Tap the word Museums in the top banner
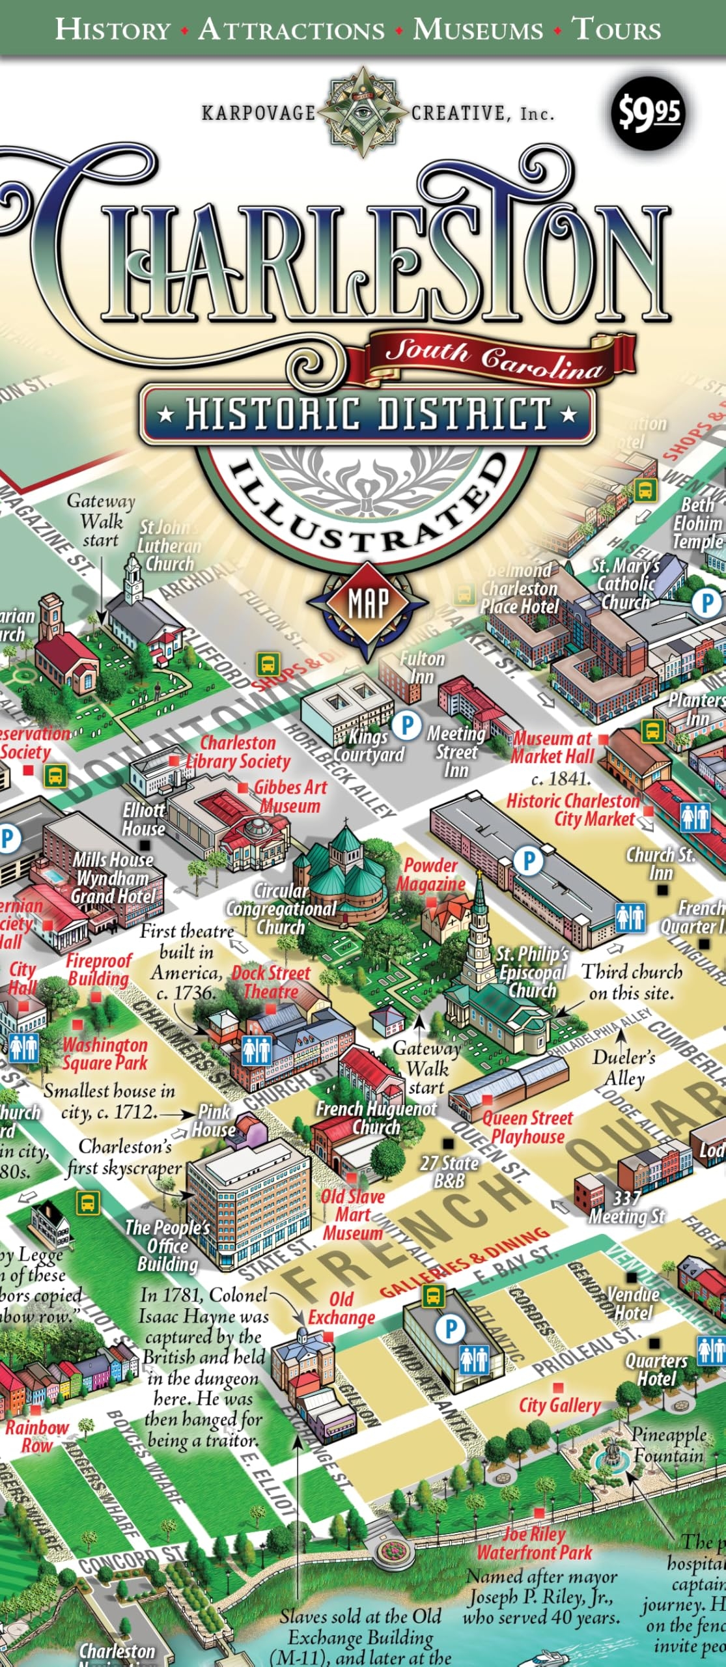pos(478,30)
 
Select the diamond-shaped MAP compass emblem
pos(368,603)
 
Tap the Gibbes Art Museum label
pos(289,796)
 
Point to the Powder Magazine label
pos(431,875)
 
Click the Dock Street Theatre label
pos(271,983)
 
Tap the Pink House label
pos(214,1120)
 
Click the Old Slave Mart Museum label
pos(352,1214)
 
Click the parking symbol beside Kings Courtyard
pos(408,724)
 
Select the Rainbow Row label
pos(36,1436)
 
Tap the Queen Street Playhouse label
pos(527,1127)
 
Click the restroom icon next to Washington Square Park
pos(23,1048)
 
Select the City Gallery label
pos(559,1405)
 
